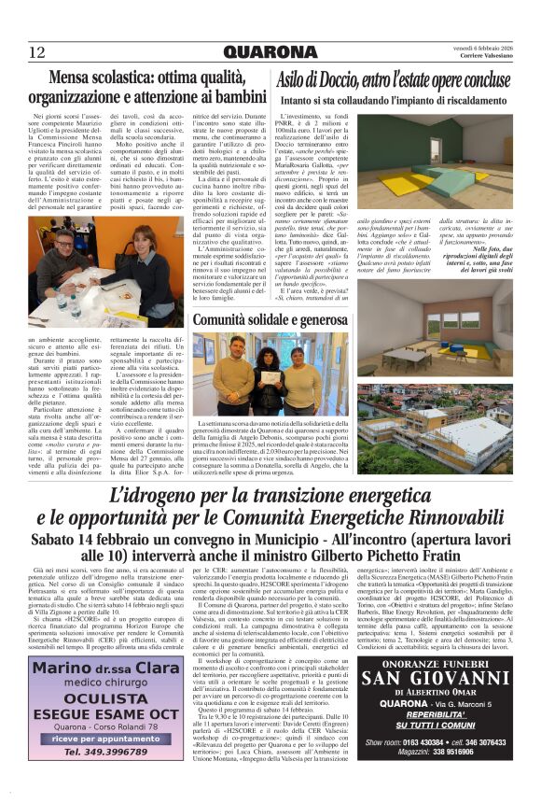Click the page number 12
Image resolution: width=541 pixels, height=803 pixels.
[36, 51]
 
